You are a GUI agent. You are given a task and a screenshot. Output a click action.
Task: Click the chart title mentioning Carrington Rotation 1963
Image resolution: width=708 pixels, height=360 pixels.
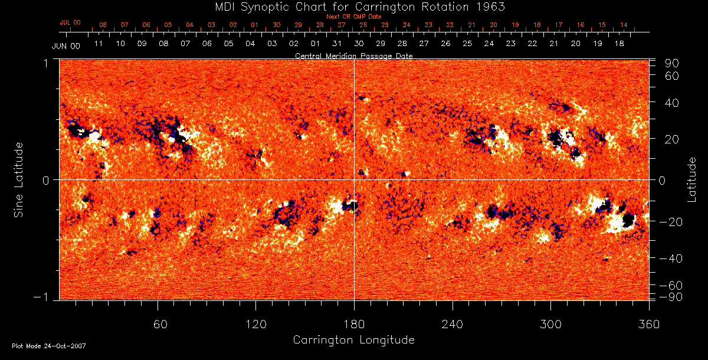click(353, 6)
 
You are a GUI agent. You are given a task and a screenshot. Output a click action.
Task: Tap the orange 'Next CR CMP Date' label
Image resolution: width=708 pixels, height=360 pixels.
click(353, 17)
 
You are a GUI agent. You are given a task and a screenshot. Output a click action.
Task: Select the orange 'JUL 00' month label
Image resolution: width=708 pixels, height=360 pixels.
click(70, 22)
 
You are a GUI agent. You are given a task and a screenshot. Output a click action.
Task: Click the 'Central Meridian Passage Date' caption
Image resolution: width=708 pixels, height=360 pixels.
click(353, 55)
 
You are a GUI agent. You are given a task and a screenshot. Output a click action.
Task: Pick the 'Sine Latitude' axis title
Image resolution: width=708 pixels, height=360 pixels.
click(19, 179)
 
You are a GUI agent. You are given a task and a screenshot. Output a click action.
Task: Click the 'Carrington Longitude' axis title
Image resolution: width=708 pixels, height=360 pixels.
click(353, 340)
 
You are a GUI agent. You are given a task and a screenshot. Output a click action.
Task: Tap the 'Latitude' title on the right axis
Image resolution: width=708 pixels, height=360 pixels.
click(691, 179)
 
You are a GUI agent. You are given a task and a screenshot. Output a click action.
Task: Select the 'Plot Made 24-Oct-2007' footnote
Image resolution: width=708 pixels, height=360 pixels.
click(49, 346)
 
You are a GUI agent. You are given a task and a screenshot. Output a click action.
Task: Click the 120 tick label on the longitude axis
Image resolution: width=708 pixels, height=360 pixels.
click(255, 325)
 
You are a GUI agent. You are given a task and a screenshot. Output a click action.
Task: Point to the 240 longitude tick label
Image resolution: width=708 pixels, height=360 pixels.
click(452, 325)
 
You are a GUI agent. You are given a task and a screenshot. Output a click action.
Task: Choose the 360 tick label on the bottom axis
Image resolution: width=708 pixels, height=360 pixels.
click(648, 325)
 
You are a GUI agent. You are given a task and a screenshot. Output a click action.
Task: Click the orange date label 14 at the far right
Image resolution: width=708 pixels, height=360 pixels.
click(624, 25)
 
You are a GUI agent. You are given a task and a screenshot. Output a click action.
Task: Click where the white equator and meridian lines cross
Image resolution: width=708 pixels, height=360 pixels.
click(354, 179)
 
